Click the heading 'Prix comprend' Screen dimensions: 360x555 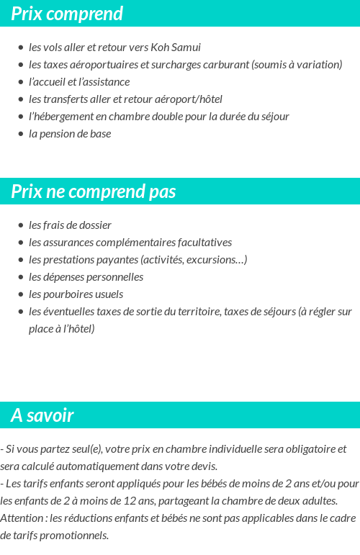click(x=67, y=14)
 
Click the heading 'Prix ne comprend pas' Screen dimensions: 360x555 click(x=94, y=191)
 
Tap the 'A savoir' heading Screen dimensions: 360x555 click(x=42, y=415)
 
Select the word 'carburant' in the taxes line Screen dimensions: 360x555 click(x=225, y=65)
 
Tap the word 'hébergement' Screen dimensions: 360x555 click(x=63, y=117)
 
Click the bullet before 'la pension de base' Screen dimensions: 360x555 click(x=21, y=134)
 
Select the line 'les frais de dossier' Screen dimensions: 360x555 click(x=70, y=225)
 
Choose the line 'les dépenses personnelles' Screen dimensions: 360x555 click(x=86, y=277)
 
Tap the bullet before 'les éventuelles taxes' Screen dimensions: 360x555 click(x=21, y=312)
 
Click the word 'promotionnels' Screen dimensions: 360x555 click(x=73, y=536)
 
